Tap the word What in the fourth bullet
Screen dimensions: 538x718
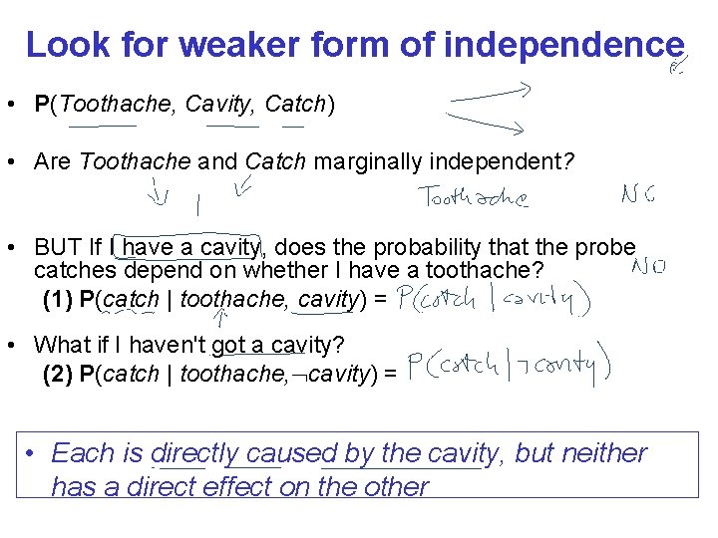[61, 345]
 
